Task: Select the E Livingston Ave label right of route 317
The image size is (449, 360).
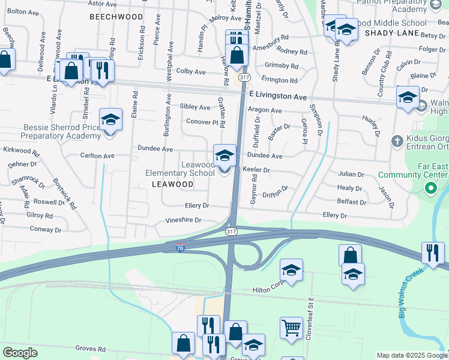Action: [x=278, y=96]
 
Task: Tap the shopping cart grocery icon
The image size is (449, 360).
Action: [x=291, y=328]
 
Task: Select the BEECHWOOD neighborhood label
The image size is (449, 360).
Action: [x=116, y=17]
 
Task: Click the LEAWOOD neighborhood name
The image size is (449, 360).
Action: [x=172, y=184]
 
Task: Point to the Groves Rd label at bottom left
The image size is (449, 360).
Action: [x=91, y=348]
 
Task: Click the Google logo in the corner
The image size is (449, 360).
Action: [x=20, y=353]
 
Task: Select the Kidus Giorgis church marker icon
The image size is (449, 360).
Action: [x=397, y=142]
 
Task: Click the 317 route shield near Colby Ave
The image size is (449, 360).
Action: [x=244, y=78]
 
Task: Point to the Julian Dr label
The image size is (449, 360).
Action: [x=351, y=174]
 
